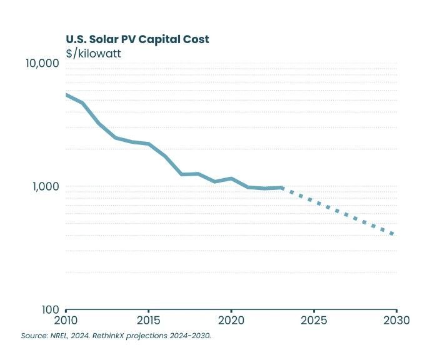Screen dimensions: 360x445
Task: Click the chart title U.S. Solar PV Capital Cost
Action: pos(137,39)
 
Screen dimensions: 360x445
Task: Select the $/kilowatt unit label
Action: pos(93,53)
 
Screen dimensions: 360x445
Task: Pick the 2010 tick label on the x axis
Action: pos(66,321)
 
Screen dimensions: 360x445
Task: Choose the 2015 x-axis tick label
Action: pos(148,321)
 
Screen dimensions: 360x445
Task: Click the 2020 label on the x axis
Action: pos(231,321)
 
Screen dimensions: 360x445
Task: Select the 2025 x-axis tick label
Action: pos(313,321)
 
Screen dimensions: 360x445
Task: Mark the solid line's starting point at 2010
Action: pos(66,94)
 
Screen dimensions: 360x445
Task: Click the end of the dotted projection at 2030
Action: pos(394,235)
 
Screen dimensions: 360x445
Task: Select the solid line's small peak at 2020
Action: pos(231,179)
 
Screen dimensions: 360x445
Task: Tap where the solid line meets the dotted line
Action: pos(282,187)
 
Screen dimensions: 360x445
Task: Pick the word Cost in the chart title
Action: pos(196,39)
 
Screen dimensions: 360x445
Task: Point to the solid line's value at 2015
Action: pos(148,144)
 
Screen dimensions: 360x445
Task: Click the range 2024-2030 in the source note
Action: pos(190,336)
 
